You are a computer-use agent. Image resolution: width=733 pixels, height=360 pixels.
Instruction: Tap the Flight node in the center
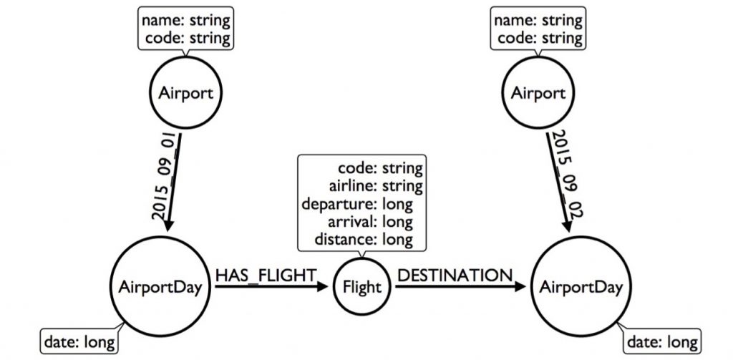[x=363, y=288]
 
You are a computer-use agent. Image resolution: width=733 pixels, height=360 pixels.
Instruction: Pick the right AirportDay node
[x=581, y=288]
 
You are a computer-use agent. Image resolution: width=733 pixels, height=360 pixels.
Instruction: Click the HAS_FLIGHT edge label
[x=265, y=273]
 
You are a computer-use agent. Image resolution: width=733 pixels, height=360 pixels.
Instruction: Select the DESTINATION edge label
[x=455, y=273]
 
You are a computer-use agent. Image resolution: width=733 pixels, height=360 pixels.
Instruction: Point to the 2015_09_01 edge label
[x=162, y=175]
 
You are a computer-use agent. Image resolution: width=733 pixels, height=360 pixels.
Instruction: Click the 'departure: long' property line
[x=364, y=204]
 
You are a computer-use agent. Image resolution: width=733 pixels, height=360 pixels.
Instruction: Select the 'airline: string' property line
[x=374, y=187]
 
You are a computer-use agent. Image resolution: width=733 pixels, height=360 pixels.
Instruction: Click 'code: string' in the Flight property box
[x=379, y=170]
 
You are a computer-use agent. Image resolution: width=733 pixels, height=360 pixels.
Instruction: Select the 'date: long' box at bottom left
[x=79, y=342]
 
